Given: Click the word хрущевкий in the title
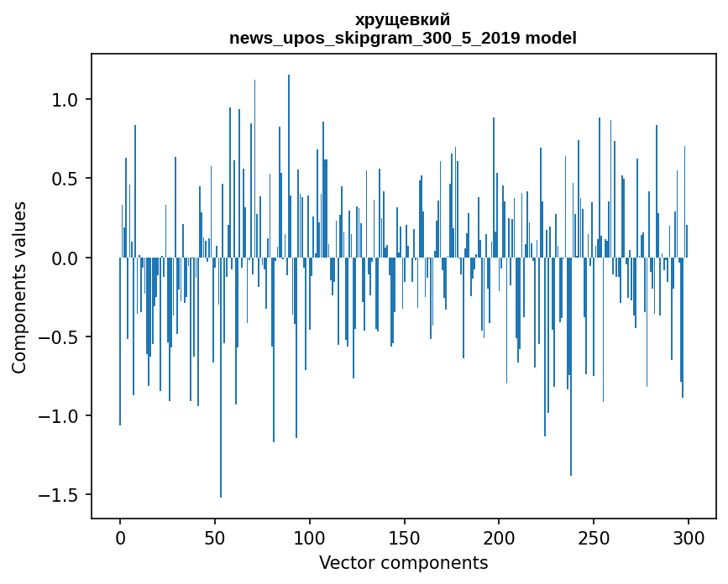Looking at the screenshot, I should [403, 19].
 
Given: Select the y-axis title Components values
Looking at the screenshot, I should [19, 287].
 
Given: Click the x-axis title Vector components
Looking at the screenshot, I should [403, 562].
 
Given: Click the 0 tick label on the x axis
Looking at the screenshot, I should [120, 538].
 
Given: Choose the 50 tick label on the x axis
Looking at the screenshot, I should [215, 538].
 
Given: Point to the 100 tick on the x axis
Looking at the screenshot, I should [310, 538].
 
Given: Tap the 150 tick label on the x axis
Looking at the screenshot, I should [404, 538].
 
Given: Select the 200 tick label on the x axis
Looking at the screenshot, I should [499, 538].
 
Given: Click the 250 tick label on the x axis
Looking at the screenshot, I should [594, 538].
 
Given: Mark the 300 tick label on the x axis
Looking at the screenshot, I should [689, 538].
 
